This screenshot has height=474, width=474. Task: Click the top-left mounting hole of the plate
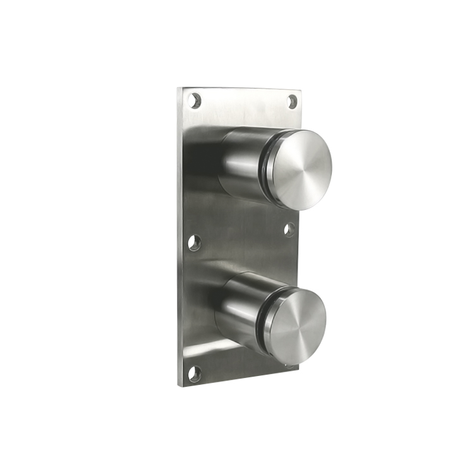pos(195,100)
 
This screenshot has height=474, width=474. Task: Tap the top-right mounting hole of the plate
pos(293,101)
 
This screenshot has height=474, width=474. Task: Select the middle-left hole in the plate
pos(194,242)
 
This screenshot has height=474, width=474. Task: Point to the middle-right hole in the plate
pos(289,229)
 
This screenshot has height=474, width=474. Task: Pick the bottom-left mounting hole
pos(195,373)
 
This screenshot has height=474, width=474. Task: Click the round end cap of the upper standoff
pos(302,169)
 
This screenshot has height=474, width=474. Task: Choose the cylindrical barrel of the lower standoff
pos(240,310)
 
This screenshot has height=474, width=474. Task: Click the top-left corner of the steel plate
pos(179,88)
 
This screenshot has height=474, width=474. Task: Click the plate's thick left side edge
pos(179,240)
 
